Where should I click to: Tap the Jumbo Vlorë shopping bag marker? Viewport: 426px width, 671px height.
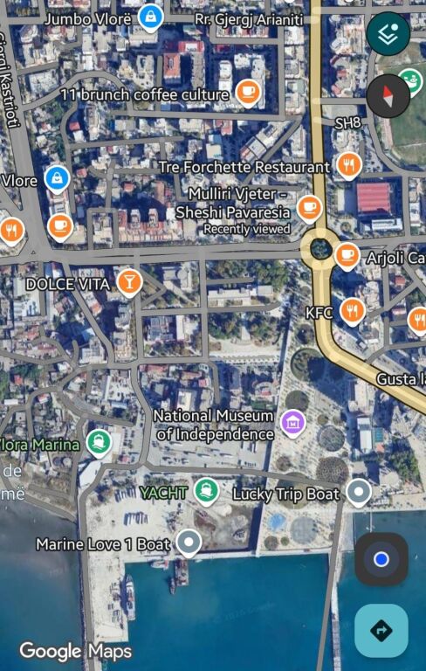(151, 16)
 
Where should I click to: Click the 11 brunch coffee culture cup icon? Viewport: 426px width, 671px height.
(248, 92)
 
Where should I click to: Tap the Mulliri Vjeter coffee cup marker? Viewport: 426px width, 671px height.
(309, 207)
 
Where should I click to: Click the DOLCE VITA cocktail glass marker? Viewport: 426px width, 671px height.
(129, 281)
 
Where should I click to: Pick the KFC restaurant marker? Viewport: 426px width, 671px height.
(353, 309)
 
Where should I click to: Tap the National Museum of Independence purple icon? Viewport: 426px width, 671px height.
(292, 424)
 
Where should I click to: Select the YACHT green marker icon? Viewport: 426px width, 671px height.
(207, 490)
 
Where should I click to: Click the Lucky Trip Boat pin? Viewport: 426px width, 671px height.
(358, 493)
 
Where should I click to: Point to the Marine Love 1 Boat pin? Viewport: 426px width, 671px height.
(188, 543)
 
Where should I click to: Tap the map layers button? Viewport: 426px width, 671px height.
(388, 34)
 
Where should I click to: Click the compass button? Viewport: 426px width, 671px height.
(388, 96)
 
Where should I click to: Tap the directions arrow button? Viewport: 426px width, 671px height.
(381, 630)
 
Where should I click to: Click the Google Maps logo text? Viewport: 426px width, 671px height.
(76, 651)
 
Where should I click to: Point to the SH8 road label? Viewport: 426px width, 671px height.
(347, 123)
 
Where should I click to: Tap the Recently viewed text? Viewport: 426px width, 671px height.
(247, 229)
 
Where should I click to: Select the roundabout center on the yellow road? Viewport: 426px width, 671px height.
(320, 249)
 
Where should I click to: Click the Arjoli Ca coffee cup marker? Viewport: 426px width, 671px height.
(347, 255)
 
